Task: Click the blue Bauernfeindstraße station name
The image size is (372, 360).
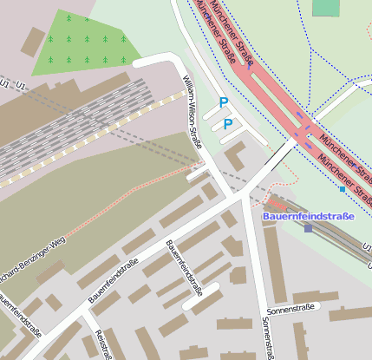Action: (308, 216)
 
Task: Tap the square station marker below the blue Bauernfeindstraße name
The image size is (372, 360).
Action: (308, 228)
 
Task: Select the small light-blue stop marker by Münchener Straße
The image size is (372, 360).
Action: (343, 189)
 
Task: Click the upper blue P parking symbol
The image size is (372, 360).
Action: (224, 102)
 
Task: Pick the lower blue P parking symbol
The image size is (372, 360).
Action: (228, 124)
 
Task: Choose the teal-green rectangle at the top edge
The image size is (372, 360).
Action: (326, 7)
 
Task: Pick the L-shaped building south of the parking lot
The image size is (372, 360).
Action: (234, 156)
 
